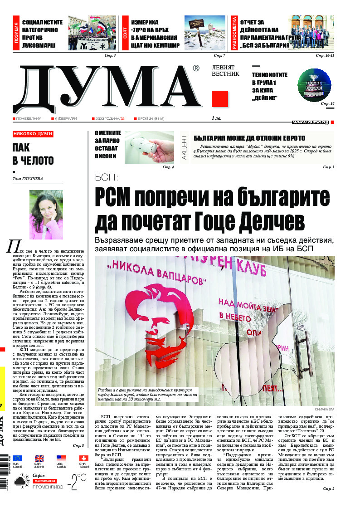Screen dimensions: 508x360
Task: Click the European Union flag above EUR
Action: coord(17,459)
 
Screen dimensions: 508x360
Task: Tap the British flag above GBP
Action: coord(39,459)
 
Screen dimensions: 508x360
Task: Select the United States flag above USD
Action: coord(61,459)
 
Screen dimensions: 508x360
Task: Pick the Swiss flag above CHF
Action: coord(83,459)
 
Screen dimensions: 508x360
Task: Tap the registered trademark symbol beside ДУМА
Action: coord(195,68)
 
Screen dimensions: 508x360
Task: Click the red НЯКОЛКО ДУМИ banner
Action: coord(33,134)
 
